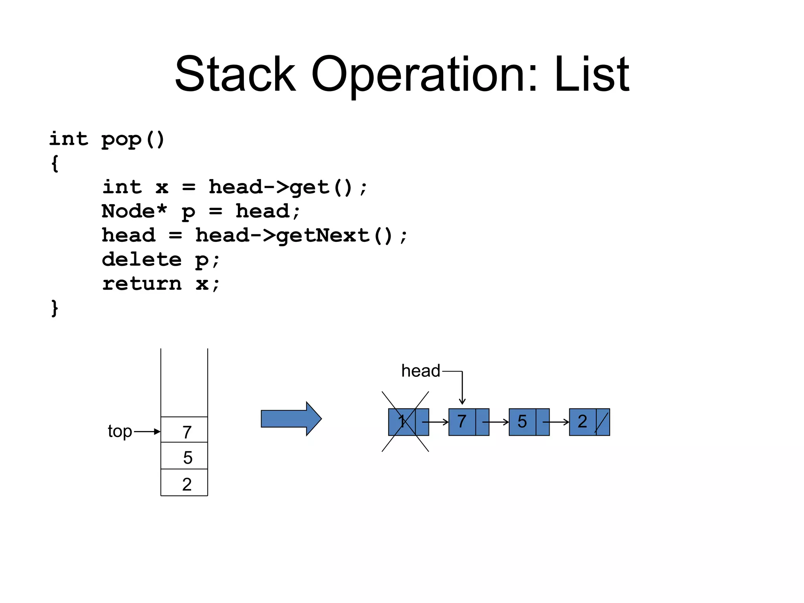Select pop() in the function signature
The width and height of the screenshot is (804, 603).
[133, 139]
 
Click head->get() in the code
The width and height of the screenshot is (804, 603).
[280, 187]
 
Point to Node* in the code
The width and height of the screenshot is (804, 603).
[134, 211]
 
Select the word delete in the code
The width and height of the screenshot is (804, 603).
[141, 259]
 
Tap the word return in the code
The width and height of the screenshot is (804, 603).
[141, 284]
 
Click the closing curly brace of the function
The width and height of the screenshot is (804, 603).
[55, 308]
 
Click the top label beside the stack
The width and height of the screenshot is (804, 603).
[120, 431]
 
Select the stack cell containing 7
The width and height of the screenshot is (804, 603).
[184, 430]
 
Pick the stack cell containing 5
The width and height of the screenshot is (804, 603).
[184, 456]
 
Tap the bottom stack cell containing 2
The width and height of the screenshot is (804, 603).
[184, 483]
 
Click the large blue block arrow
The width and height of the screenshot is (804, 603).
[291, 419]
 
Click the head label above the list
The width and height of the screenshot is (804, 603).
[420, 371]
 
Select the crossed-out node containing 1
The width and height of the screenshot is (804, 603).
[408, 422]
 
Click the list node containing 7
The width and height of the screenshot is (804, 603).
[468, 422]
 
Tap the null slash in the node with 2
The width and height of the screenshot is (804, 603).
[602, 422]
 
